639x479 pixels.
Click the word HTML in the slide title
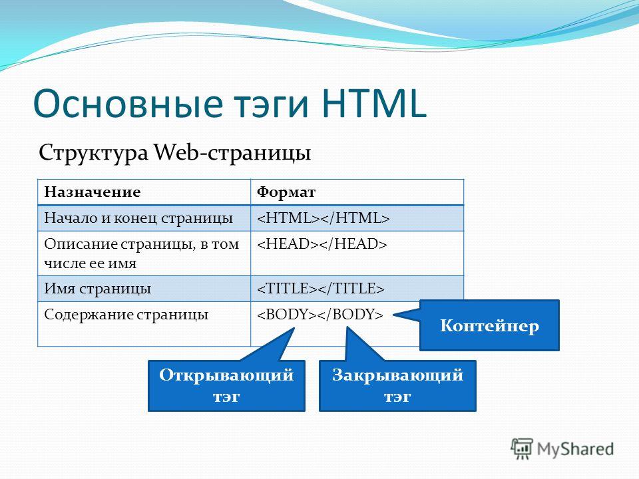click(373, 103)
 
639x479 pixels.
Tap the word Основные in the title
click(128, 103)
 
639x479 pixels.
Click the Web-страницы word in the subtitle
click(232, 154)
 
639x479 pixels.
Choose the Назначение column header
click(92, 192)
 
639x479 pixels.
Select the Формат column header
click(286, 192)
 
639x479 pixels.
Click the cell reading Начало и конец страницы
click(144, 218)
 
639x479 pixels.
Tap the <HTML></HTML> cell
click(357, 218)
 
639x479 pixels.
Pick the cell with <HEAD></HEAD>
click(357, 253)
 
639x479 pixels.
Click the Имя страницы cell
click(144, 289)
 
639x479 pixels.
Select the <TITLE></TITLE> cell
click(357, 289)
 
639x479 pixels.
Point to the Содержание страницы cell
click(144, 324)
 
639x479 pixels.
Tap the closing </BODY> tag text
click(351, 315)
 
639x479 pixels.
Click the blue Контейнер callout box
click(489, 325)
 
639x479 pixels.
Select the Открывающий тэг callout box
click(226, 385)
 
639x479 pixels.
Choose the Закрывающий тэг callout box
click(397, 385)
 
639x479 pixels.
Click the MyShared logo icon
click(522, 448)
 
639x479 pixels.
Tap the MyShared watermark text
click(575, 449)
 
